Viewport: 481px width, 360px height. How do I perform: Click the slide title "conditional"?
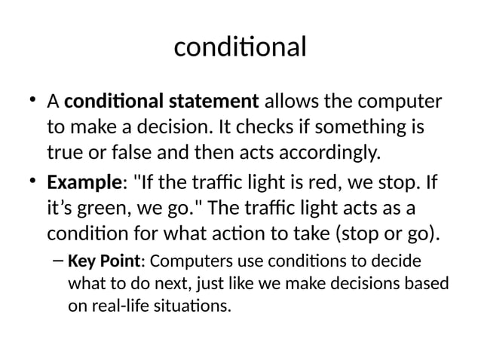tap(240, 47)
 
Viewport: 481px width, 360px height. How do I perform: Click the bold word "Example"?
tap(79, 183)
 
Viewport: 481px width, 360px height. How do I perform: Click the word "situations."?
tap(191, 307)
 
